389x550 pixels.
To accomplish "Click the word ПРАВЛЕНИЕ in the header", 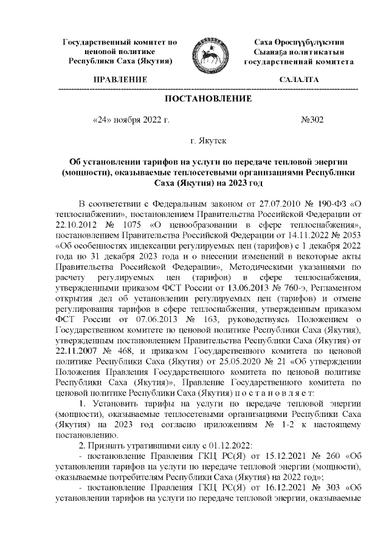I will coord(120,80).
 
